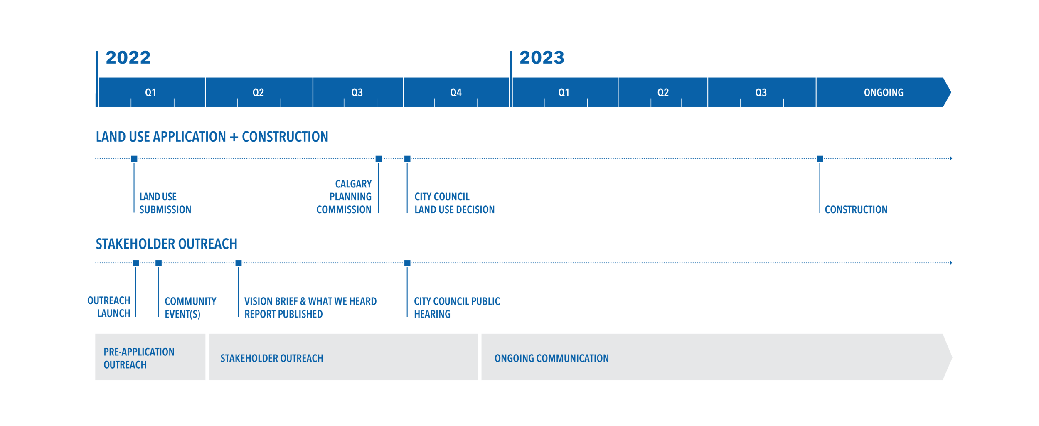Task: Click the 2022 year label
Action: tap(128, 57)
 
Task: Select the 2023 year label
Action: tap(542, 57)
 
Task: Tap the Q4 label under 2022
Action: tap(456, 92)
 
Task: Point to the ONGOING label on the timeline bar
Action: tap(884, 92)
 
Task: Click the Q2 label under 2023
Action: tap(663, 92)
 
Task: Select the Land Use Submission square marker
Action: tap(134, 159)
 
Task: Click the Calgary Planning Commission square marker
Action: tap(379, 159)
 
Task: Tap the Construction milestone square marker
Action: tap(820, 159)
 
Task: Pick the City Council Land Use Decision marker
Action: tap(407, 159)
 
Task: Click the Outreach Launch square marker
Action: tap(136, 263)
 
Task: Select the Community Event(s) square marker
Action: tap(158, 263)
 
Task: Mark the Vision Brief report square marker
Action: tap(239, 263)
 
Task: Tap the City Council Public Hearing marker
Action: tap(407, 263)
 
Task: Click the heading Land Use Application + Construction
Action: tap(212, 137)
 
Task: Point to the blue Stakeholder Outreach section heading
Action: tap(166, 244)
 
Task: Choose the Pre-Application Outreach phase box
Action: tap(150, 357)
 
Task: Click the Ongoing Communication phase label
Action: tap(552, 358)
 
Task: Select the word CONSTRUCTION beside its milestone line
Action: tap(856, 209)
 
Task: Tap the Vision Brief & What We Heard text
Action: tap(310, 301)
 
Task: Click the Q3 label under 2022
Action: tap(357, 92)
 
